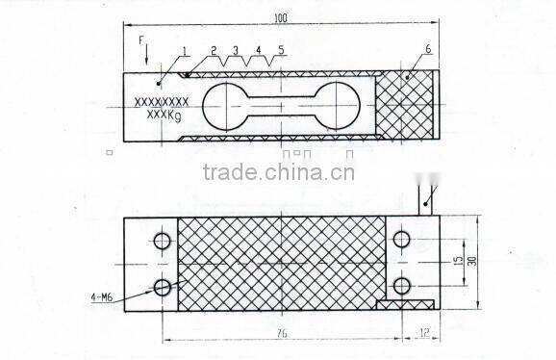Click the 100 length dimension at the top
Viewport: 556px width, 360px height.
pyautogui.click(x=280, y=18)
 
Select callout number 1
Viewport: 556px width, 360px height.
pyautogui.click(x=183, y=50)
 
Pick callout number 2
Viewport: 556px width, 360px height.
pyautogui.click(x=214, y=49)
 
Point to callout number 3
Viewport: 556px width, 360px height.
pyautogui.click(x=235, y=49)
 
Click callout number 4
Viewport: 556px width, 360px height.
pyautogui.click(x=259, y=49)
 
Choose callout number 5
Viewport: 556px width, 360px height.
pyautogui.click(x=281, y=49)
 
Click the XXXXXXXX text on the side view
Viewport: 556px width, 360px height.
pyautogui.click(x=160, y=100)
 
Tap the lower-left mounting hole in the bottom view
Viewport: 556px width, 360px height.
pyautogui.click(x=162, y=286)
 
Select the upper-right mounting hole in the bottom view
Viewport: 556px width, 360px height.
pyautogui.click(x=401, y=239)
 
